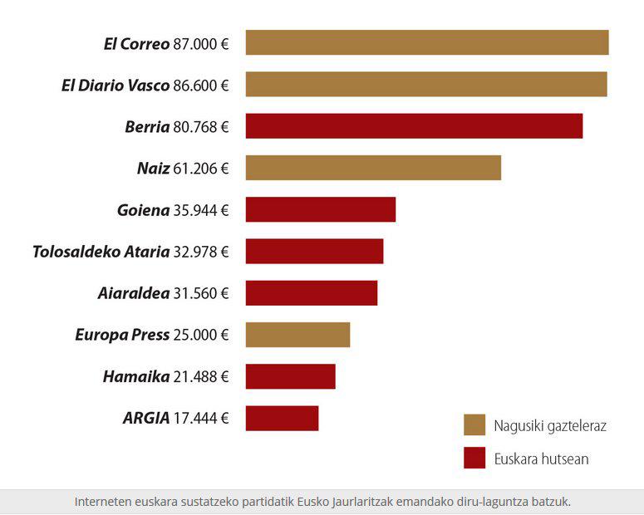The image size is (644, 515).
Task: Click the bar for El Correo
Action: tap(426, 42)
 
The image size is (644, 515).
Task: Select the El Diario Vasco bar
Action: tap(425, 85)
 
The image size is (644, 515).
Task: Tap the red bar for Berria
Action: tap(414, 126)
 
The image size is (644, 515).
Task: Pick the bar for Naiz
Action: tap(373, 168)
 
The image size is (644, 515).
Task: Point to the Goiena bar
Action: tap(320, 209)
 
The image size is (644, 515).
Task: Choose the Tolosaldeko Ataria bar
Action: tap(314, 251)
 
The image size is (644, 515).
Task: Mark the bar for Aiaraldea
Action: tap(311, 292)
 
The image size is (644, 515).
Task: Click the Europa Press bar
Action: tap(297, 334)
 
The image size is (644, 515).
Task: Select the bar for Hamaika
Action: tap(290, 376)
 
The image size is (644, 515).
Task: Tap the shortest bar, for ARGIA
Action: tap(282, 418)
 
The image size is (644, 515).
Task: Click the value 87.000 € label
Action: tap(200, 43)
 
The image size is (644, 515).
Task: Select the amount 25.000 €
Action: tap(200, 335)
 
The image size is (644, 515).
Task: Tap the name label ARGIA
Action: tap(146, 418)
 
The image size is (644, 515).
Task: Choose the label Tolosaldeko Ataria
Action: tap(101, 252)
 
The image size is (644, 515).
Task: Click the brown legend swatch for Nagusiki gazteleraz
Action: tap(474, 425)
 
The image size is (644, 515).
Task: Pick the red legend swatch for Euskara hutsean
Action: tap(474, 458)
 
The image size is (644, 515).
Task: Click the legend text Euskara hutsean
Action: tap(541, 459)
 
